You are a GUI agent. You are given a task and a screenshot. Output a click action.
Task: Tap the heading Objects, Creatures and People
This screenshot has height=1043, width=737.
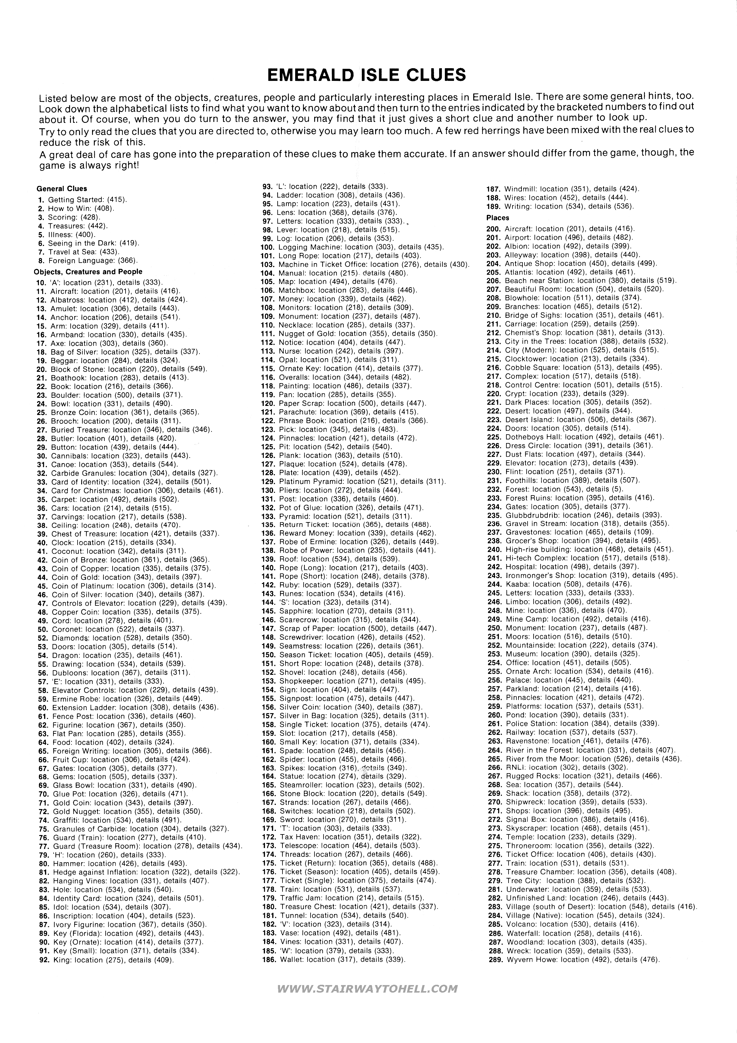point(88,272)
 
